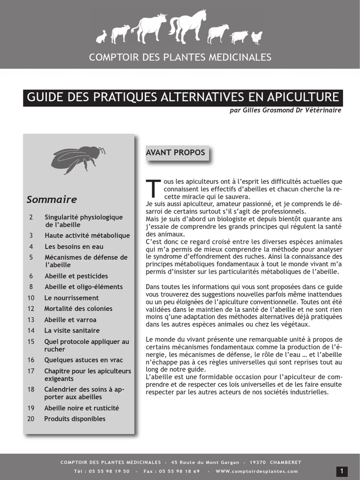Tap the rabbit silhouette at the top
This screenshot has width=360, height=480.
101,37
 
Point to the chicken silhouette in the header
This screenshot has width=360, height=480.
257,37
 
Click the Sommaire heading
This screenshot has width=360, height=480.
52,199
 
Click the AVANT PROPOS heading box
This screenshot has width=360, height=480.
175,153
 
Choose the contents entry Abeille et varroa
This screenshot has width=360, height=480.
70,320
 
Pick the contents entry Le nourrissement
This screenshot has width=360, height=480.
71,298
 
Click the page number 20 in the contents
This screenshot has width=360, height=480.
31,419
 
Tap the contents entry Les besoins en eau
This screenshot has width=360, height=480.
74,246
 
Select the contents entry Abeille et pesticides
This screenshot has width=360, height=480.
76,276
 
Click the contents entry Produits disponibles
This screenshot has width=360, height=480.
75,419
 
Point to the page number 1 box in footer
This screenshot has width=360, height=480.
342,471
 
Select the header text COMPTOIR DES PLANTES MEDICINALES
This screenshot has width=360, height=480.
180,57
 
